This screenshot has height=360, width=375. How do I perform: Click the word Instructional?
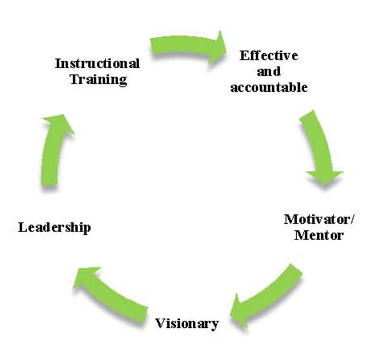click(97, 63)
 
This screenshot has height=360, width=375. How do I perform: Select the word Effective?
click(269, 56)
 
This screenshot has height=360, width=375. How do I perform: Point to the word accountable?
click(269, 88)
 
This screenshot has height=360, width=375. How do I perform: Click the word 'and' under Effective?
click(269, 71)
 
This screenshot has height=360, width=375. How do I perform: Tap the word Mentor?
click(319, 234)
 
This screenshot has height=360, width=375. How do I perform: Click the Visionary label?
click(187, 323)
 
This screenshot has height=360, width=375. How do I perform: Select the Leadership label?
click(55, 227)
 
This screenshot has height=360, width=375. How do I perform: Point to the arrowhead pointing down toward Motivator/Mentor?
click(325, 176)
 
